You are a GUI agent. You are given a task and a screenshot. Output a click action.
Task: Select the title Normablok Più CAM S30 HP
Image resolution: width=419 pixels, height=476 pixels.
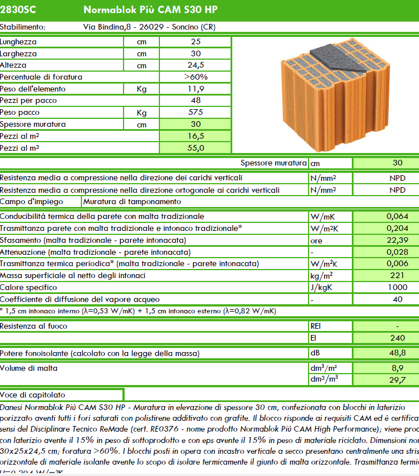pos(150,10)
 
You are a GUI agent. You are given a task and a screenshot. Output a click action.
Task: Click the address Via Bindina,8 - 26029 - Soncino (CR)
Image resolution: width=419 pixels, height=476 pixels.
pos(149,27)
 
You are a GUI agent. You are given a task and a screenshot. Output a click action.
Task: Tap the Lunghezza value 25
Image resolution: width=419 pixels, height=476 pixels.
pos(196,42)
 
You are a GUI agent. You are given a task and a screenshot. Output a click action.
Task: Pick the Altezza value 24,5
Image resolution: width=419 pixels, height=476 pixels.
pos(196,65)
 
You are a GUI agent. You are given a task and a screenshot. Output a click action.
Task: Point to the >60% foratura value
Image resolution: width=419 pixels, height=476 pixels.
pos(196,77)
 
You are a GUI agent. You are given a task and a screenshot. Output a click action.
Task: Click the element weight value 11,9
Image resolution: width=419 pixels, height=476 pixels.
pos(196,89)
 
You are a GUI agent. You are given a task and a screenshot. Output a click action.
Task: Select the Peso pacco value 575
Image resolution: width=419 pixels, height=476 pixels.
pos(196,112)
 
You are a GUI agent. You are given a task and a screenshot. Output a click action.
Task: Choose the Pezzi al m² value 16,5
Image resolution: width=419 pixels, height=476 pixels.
pos(196,136)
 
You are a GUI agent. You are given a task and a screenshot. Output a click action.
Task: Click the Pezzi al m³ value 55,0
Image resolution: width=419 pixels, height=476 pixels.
pos(196,148)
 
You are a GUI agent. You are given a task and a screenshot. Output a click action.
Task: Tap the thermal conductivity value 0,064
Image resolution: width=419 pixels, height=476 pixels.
pos(397,217)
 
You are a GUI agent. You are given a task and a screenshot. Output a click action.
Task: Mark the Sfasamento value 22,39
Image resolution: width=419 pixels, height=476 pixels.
pos(397,240)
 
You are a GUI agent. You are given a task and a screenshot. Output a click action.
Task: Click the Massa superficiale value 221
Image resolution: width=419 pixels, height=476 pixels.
pos(397,275)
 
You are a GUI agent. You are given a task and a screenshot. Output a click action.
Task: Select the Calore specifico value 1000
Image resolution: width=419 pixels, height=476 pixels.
pos(397,287)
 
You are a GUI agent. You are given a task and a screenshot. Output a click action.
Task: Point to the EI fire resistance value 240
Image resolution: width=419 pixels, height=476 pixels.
pos(397,338)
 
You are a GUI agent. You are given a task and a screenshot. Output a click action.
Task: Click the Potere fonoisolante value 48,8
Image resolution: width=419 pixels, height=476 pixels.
pos(397,353)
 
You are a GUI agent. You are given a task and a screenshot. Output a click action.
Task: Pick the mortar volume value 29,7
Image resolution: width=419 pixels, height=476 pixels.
pos(397,379)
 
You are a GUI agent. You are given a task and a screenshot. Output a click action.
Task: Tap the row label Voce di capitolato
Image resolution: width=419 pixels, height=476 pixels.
pos(32,394)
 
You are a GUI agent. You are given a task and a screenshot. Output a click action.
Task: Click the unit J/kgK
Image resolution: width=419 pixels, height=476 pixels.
pos(322,287)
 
